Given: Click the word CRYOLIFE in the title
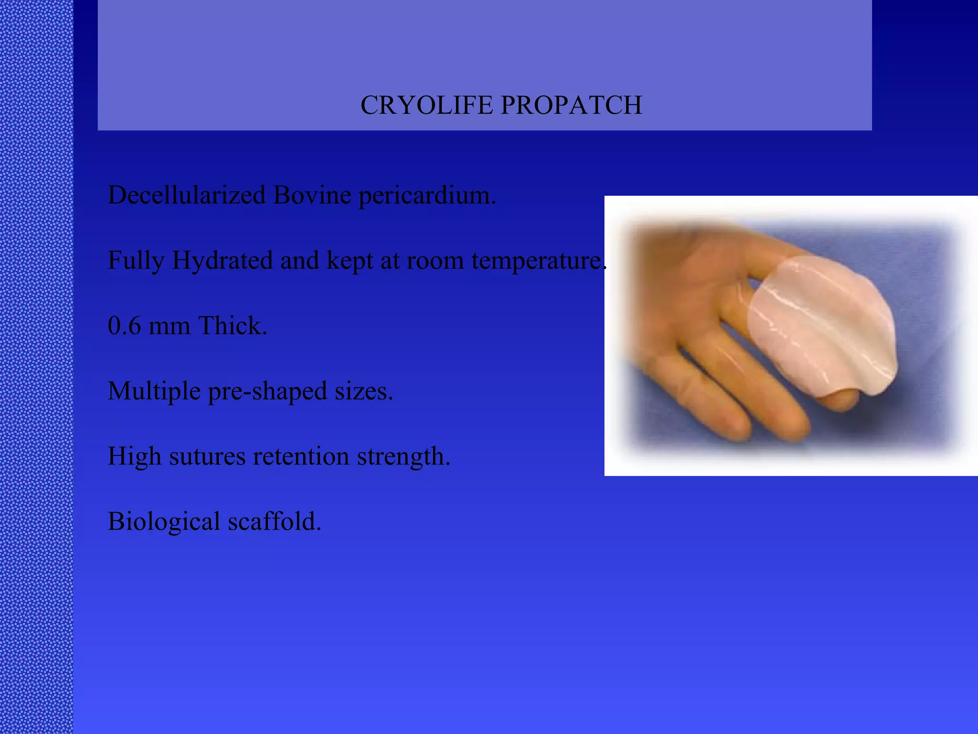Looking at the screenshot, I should (x=426, y=105).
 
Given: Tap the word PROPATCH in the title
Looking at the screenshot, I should (x=571, y=105).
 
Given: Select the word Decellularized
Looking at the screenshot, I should (x=186, y=195).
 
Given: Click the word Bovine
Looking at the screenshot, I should (x=312, y=195).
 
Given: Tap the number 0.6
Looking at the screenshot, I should (x=124, y=326).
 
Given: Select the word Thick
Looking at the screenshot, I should (x=232, y=326).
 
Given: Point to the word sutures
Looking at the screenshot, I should (x=207, y=456).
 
